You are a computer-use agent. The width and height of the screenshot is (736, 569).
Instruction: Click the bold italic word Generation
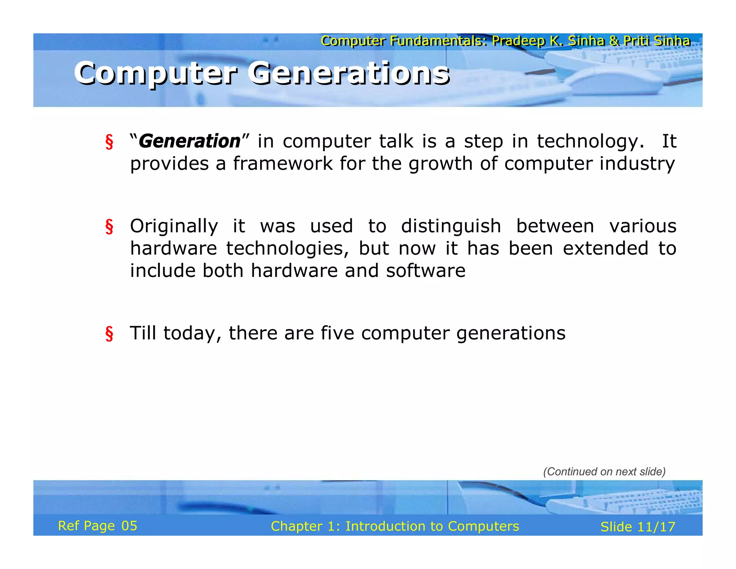(x=189, y=141)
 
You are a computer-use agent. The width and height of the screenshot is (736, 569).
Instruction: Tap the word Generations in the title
(x=348, y=73)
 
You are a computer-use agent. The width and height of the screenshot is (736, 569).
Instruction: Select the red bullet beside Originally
(x=109, y=227)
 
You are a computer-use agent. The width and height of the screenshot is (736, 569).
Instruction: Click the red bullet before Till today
(x=109, y=333)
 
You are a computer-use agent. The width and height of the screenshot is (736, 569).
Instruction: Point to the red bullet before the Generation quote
(x=109, y=141)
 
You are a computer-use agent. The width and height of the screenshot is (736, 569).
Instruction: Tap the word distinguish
(x=451, y=227)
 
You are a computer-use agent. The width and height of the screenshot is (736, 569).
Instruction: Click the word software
(x=425, y=271)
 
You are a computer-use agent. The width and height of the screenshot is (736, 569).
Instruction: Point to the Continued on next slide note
(x=604, y=472)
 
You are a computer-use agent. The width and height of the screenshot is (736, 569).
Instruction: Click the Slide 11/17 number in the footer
(x=638, y=527)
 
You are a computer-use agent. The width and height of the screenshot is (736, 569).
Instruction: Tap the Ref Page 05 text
(x=97, y=526)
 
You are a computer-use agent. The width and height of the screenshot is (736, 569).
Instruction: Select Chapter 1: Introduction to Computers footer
(x=395, y=526)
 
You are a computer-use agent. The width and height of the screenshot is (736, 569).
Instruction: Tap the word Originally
(x=174, y=227)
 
